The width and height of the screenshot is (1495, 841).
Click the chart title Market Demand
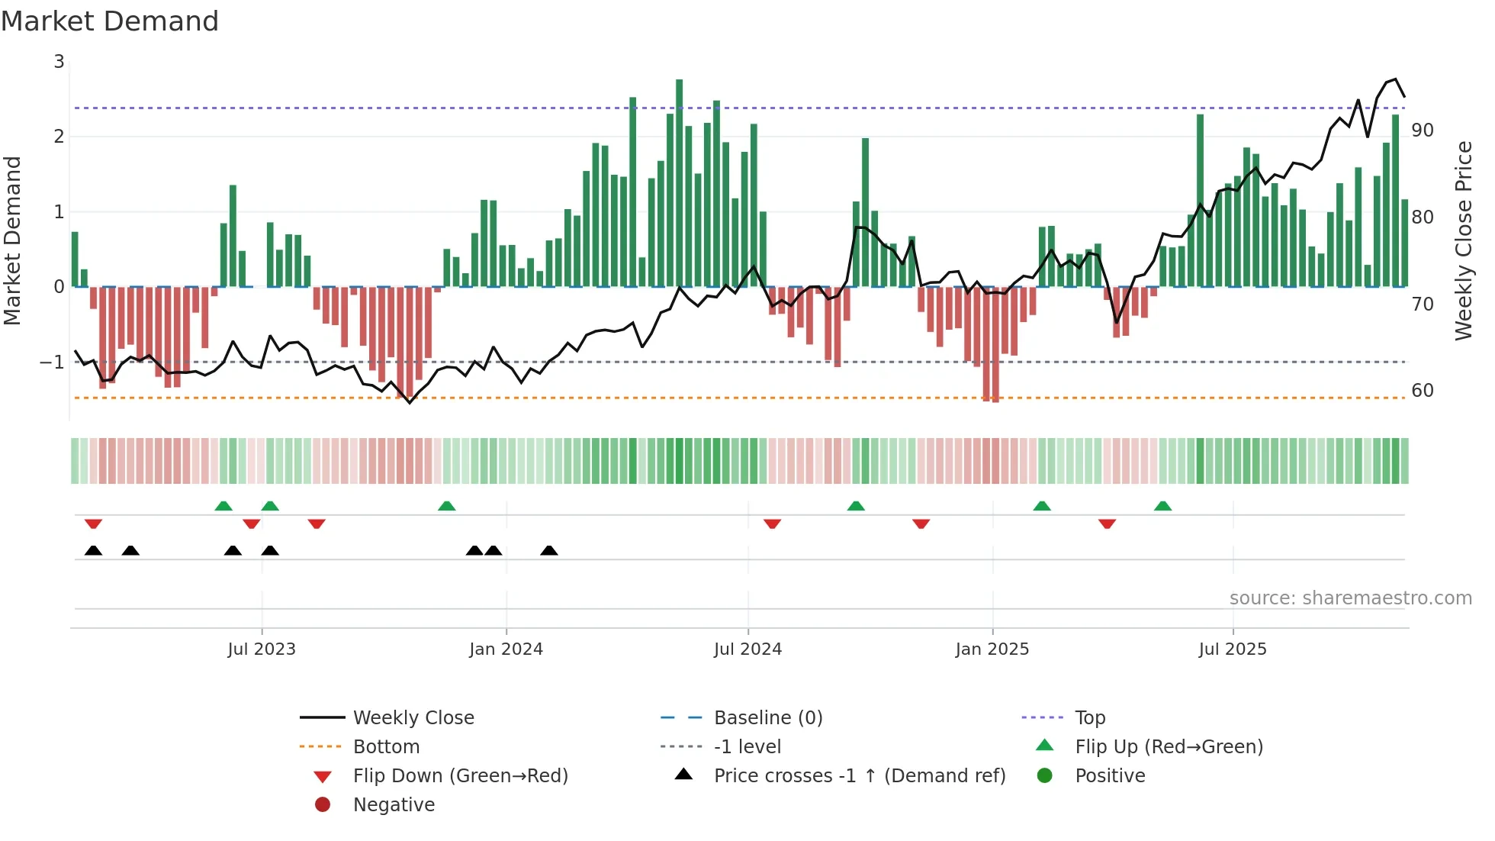pyautogui.click(x=110, y=21)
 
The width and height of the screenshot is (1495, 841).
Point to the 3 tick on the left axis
pyautogui.click(x=59, y=62)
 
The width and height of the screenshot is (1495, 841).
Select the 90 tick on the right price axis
pyautogui.click(x=1423, y=130)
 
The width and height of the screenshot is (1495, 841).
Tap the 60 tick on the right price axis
pyautogui.click(x=1423, y=391)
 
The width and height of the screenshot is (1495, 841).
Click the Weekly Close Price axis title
pyautogui.click(x=1463, y=240)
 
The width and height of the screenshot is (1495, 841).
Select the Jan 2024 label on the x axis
pyautogui.click(x=506, y=649)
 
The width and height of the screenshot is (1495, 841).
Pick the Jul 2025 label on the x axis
pyautogui.click(x=1232, y=649)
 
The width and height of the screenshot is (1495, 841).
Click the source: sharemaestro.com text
pyautogui.click(x=1350, y=598)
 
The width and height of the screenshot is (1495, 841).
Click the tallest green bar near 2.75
pyautogui.click(x=679, y=183)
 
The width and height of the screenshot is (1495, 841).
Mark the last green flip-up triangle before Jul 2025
pyautogui.click(x=1162, y=506)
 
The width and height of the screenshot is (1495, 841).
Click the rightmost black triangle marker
pyautogui.click(x=549, y=550)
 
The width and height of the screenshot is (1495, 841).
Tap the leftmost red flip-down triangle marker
pyautogui.click(x=93, y=524)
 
